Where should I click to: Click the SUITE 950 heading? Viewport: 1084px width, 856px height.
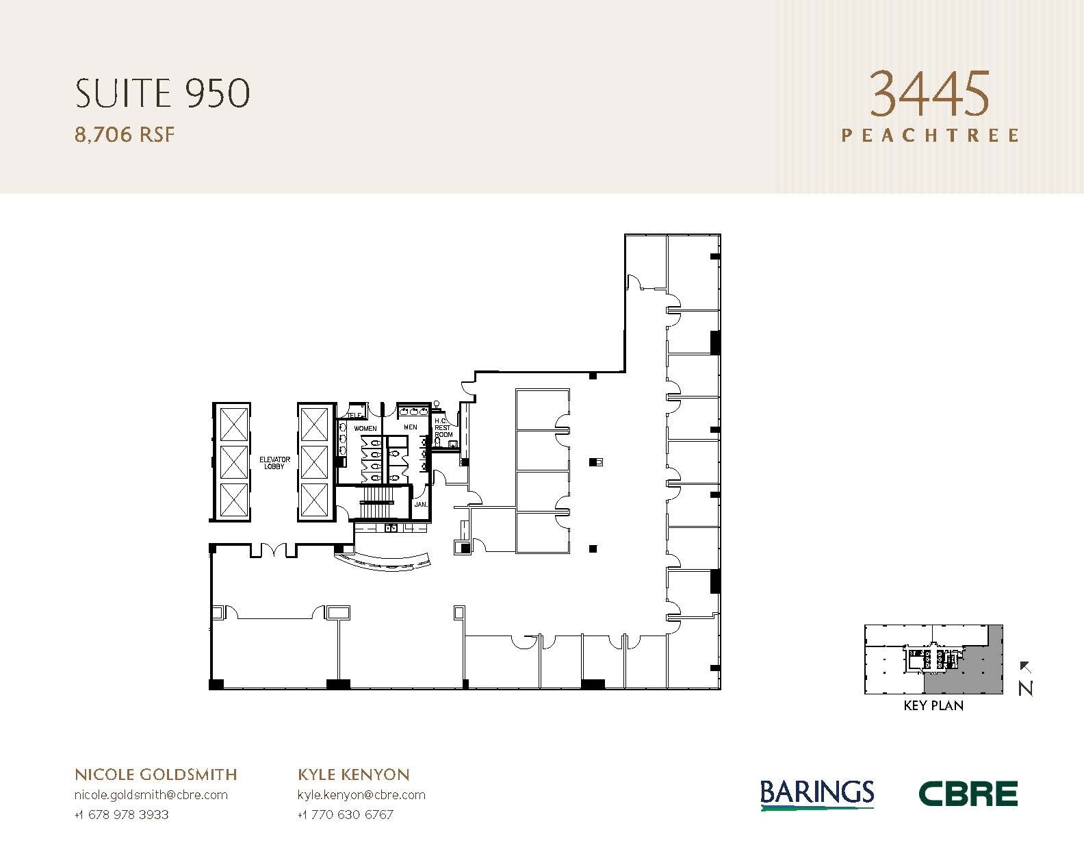pos(162,94)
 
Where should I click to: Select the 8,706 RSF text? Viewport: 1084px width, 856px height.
pos(125,135)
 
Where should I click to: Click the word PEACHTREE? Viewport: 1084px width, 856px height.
pos(929,135)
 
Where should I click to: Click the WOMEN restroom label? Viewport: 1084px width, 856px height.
pos(365,429)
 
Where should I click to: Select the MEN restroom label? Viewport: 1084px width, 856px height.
pos(410,427)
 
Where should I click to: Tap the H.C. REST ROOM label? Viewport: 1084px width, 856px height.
pos(443,427)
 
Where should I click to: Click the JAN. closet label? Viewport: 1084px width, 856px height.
pos(420,505)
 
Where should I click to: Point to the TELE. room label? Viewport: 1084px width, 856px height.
pos(354,415)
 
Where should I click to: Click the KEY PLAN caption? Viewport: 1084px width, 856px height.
pos(933,705)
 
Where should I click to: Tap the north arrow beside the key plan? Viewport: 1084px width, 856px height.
pos(1025,678)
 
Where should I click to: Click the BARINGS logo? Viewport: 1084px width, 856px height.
pos(817,794)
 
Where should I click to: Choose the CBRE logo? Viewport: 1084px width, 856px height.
pos(968,794)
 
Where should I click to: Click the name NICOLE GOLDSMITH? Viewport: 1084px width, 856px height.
pos(155,775)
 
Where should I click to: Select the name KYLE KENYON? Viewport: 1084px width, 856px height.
pos(354,775)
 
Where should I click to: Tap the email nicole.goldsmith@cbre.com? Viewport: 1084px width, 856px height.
pos(151,795)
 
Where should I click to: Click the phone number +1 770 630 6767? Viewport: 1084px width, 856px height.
pos(346,815)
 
